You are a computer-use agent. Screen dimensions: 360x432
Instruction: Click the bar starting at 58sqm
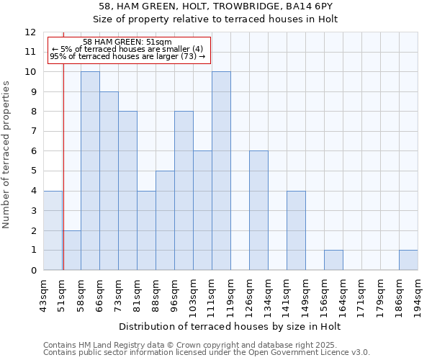(x=90, y=171)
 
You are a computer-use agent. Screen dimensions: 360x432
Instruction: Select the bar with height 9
(x=109, y=181)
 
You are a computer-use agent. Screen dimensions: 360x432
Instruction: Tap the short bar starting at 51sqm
(x=71, y=251)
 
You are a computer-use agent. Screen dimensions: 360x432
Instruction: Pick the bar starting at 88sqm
(x=165, y=221)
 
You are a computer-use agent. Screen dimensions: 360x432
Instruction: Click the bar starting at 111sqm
(x=221, y=171)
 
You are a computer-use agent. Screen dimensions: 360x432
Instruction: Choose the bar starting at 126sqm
(x=258, y=211)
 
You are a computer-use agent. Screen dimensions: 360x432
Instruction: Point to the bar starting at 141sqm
(x=296, y=230)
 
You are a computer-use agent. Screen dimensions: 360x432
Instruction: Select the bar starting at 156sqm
(x=333, y=260)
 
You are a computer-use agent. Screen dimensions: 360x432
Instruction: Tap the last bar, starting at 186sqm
(x=408, y=260)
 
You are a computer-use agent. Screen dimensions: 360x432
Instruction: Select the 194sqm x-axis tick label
(x=418, y=294)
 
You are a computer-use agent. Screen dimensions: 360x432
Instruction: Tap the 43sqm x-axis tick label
(x=44, y=294)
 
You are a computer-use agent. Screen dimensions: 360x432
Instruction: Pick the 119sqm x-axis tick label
(x=231, y=294)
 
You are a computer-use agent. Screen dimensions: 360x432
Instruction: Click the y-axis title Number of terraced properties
(x=6, y=154)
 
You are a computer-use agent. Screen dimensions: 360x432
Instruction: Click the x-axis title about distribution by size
(x=230, y=326)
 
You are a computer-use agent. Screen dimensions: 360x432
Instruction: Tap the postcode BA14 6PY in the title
(x=294, y=6)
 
